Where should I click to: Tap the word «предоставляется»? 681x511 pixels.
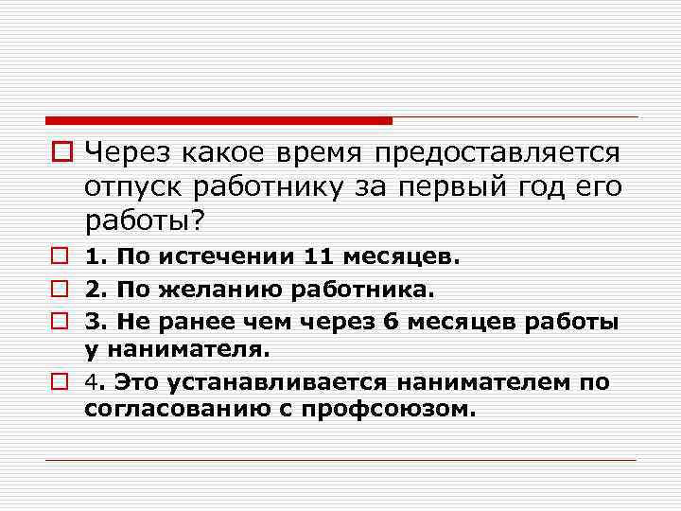point(498,153)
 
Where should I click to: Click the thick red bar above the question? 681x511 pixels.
point(218,121)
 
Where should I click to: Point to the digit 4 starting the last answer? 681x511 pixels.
point(92,381)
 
